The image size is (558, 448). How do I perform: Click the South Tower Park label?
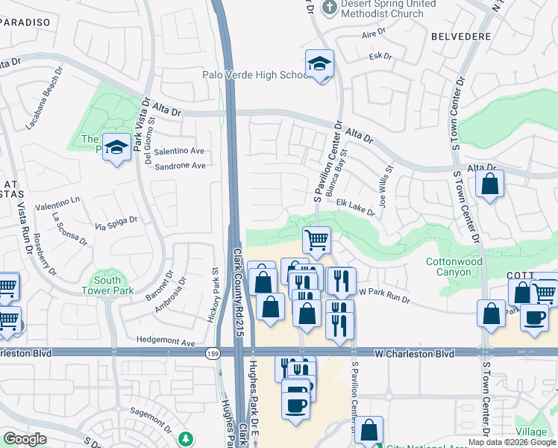pos(101,285)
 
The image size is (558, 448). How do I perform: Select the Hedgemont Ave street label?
pos(165,343)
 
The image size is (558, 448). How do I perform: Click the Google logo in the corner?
pos(25,439)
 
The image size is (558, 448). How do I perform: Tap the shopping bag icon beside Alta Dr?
pos(490,185)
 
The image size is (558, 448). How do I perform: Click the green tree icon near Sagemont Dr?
pos(185,439)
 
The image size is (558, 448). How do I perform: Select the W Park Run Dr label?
pos(385,296)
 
